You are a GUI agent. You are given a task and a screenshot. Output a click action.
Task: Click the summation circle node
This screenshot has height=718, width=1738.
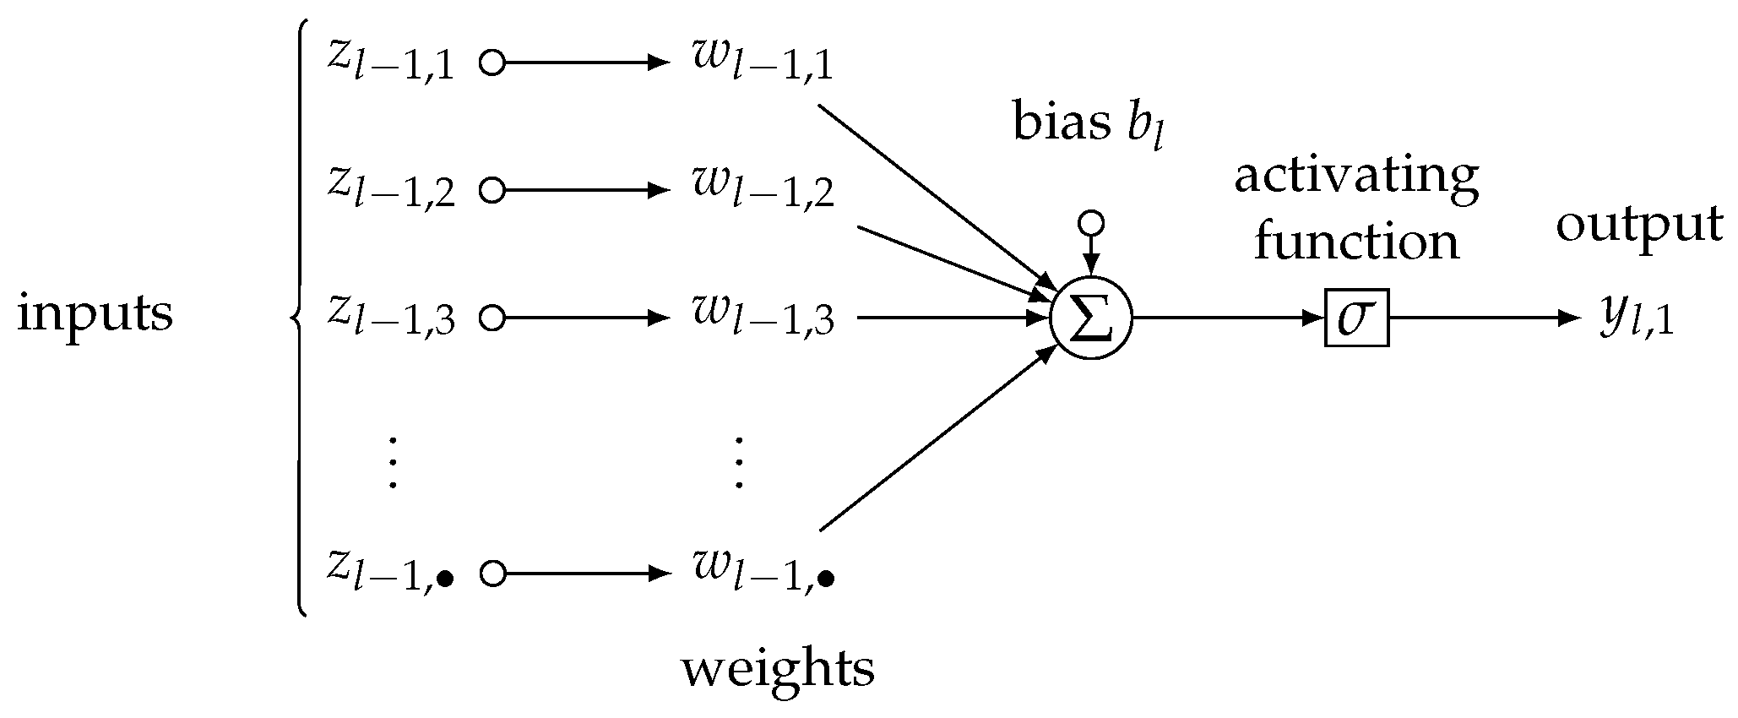point(1090,319)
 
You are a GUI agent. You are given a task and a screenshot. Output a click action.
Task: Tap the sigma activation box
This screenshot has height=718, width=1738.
point(1355,319)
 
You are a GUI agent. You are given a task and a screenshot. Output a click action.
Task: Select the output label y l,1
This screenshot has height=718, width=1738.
point(1636,319)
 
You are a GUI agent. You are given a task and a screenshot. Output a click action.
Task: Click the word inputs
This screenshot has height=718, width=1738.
point(95,314)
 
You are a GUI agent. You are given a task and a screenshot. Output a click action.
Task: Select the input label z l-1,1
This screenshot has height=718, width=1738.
point(391,63)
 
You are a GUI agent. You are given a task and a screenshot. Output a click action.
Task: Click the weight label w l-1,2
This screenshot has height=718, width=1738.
point(763,191)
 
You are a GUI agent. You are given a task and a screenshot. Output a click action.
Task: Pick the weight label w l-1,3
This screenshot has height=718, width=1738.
point(763,319)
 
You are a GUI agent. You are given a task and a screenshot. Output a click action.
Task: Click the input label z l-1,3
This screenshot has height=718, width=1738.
point(391,319)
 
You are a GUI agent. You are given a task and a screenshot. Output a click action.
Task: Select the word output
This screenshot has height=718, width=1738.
point(1639,225)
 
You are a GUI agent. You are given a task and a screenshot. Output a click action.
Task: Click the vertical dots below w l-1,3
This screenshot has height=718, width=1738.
point(739,463)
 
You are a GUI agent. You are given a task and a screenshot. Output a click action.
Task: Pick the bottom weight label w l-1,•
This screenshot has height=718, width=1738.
point(763,574)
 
